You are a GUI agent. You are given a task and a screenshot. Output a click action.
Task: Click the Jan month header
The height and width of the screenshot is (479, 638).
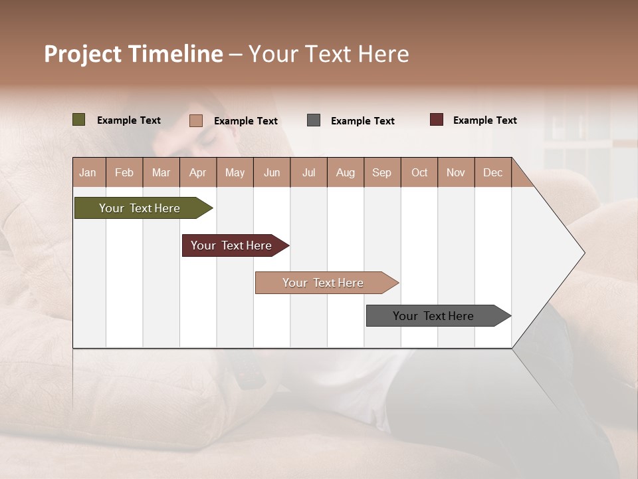click(88, 172)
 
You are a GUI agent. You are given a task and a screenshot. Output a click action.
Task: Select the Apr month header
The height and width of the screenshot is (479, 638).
click(197, 172)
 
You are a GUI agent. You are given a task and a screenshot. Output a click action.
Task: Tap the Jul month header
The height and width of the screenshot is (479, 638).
click(308, 172)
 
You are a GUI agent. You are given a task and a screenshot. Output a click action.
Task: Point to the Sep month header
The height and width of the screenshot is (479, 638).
click(381, 172)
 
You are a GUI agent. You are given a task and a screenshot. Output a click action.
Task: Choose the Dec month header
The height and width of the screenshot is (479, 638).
click(492, 172)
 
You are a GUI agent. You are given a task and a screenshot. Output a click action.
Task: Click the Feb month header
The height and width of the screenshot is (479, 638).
click(124, 172)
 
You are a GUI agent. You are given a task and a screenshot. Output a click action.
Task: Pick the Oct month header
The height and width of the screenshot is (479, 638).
click(419, 172)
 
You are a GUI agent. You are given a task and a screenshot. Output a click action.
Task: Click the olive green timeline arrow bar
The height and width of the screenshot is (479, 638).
click(140, 208)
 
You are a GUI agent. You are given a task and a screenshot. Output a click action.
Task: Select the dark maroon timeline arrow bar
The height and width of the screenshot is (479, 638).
click(231, 245)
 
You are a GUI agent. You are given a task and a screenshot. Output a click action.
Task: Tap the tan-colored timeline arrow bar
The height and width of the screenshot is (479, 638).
click(323, 283)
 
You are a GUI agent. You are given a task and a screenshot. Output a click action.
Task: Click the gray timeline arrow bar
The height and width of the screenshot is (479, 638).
click(433, 316)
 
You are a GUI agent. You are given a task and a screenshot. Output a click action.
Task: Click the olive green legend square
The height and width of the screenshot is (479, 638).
click(78, 120)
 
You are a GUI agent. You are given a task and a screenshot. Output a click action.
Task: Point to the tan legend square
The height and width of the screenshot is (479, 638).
click(195, 120)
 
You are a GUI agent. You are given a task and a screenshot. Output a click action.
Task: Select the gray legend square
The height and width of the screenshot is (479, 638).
click(314, 120)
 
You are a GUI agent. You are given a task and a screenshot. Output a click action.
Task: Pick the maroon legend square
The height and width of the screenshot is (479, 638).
click(437, 120)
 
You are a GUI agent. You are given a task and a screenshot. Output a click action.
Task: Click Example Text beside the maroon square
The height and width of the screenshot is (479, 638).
click(484, 120)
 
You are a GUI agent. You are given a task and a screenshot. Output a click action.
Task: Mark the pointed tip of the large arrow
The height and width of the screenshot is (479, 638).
click(584, 253)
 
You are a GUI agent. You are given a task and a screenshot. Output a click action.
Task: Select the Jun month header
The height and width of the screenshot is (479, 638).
click(272, 172)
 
